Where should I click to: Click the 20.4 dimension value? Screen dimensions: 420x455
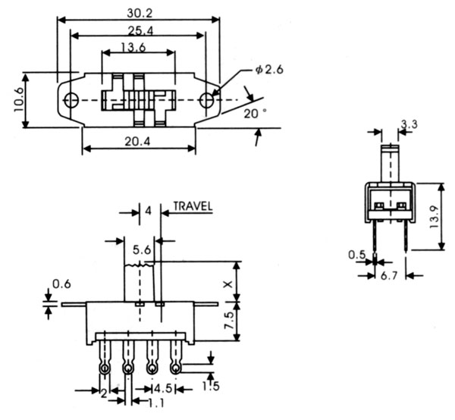click(x=139, y=141)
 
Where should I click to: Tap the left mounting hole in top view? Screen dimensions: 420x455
click(x=71, y=100)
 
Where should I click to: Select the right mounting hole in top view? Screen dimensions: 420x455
click(x=206, y=100)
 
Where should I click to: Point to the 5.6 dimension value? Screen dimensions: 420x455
click(x=140, y=249)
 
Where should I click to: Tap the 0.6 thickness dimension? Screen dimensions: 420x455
click(x=61, y=286)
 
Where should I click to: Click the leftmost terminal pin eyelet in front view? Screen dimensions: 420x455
click(x=103, y=368)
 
